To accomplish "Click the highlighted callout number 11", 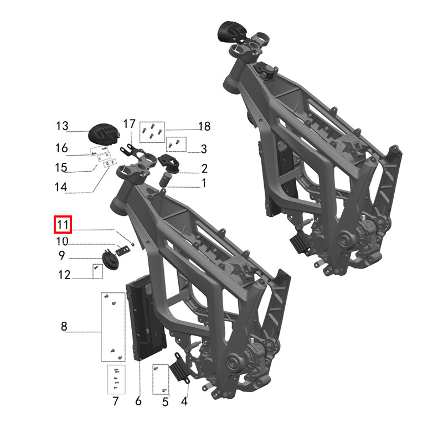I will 62,225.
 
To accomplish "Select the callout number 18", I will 204,127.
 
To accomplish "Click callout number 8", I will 64,327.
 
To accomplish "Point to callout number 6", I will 138,401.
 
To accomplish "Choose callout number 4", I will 184,401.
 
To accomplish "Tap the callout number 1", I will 204,183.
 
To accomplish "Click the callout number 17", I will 129,123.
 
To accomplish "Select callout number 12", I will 64,274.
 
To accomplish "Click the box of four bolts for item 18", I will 151,131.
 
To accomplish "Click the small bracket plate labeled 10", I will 122,251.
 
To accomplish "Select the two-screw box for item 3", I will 176,144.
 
